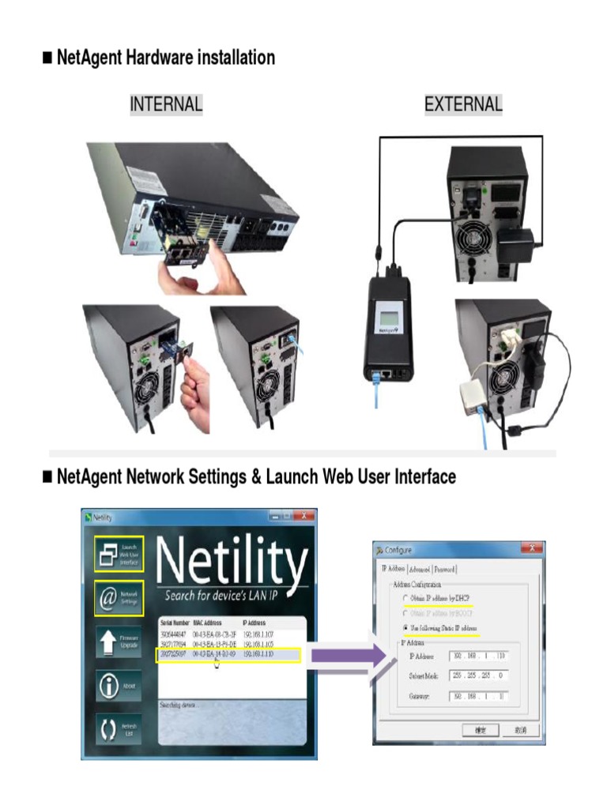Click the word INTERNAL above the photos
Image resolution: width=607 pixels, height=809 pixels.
(x=166, y=103)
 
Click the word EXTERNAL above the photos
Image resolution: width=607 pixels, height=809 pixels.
(x=463, y=103)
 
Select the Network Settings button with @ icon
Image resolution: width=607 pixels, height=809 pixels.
(x=119, y=598)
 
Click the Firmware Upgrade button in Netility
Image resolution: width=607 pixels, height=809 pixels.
(x=119, y=642)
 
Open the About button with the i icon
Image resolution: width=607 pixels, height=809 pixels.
(x=119, y=685)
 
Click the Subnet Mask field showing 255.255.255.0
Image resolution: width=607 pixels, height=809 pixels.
(x=479, y=675)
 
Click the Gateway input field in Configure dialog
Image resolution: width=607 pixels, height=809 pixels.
(x=479, y=696)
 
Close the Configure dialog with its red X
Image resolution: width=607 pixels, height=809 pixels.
(x=533, y=549)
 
